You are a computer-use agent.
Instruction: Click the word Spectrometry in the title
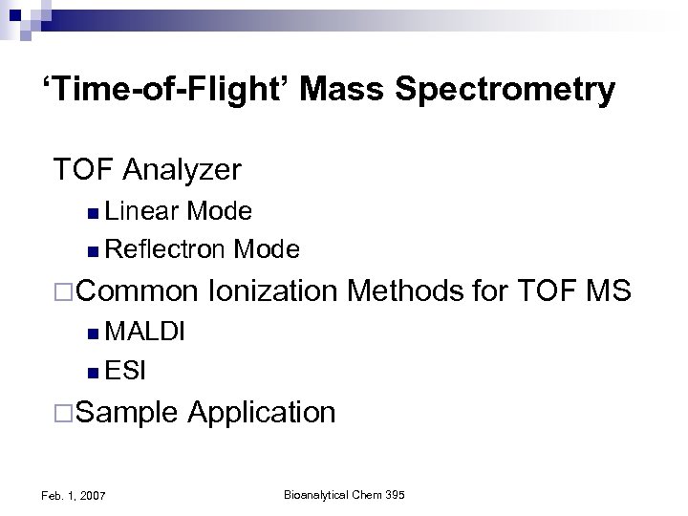pyautogui.click(x=506, y=92)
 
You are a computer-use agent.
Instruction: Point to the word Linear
pyautogui.click(x=143, y=210)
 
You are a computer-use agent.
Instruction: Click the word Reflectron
pyautogui.click(x=165, y=250)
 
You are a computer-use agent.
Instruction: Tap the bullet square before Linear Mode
pyautogui.click(x=91, y=211)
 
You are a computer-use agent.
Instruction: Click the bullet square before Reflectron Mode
pyautogui.click(x=91, y=251)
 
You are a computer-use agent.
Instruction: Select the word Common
pyautogui.click(x=146, y=291)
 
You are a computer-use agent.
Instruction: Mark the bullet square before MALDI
pyautogui.click(x=91, y=333)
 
